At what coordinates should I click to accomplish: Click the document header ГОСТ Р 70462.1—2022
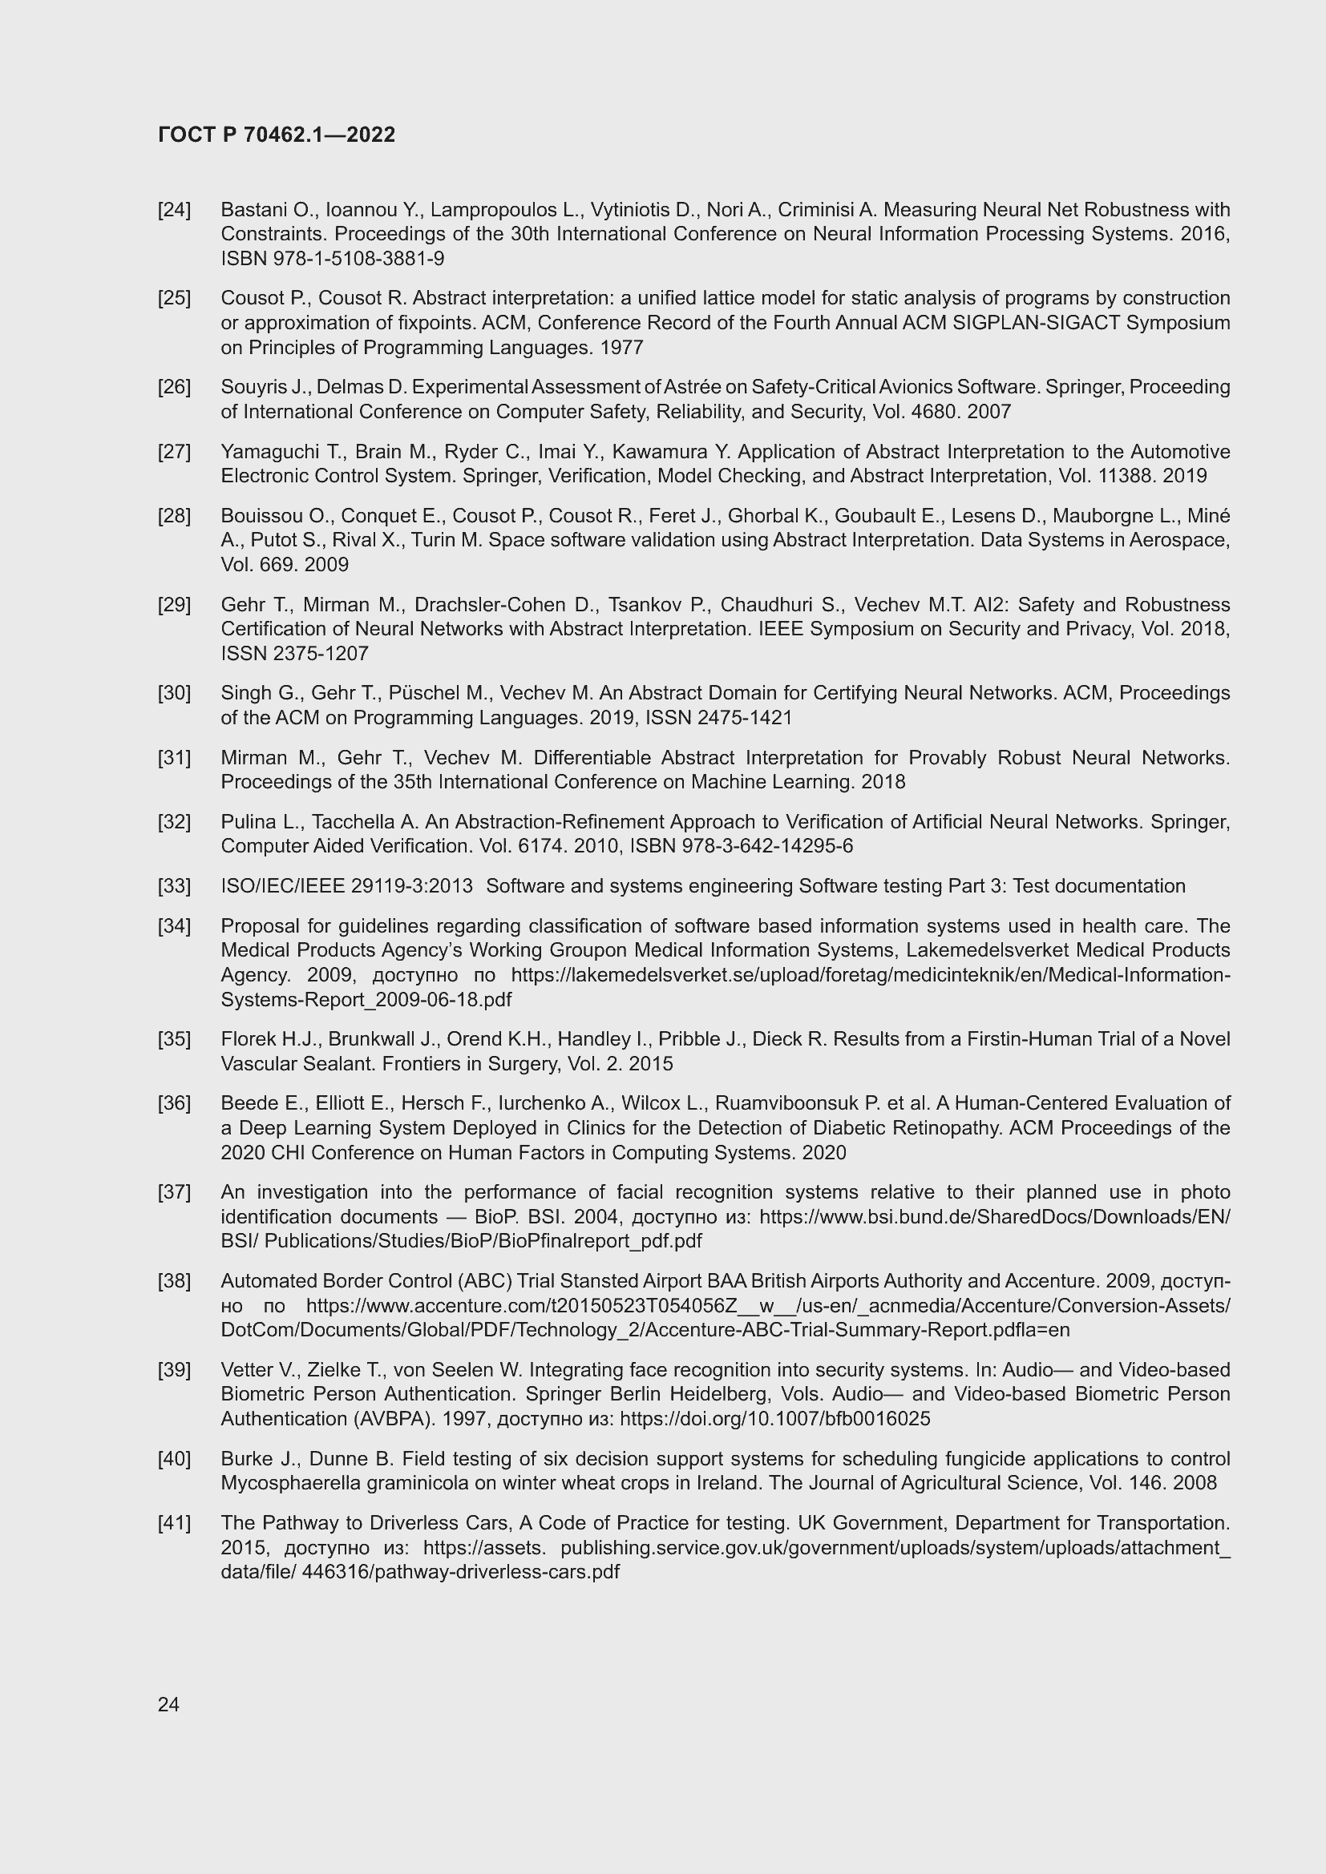coord(276,135)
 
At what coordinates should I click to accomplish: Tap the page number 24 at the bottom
coord(168,1704)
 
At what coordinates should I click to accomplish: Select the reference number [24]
coord(174,210)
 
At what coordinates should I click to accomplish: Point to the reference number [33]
coord(174,885)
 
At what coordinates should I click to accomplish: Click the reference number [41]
coord(174,1523)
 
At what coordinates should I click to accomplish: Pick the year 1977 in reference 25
coord(621,348)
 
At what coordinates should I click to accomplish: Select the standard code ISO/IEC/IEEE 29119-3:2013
coord(346,885)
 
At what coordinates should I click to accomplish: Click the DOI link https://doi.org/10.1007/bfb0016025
coord(775,1419)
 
